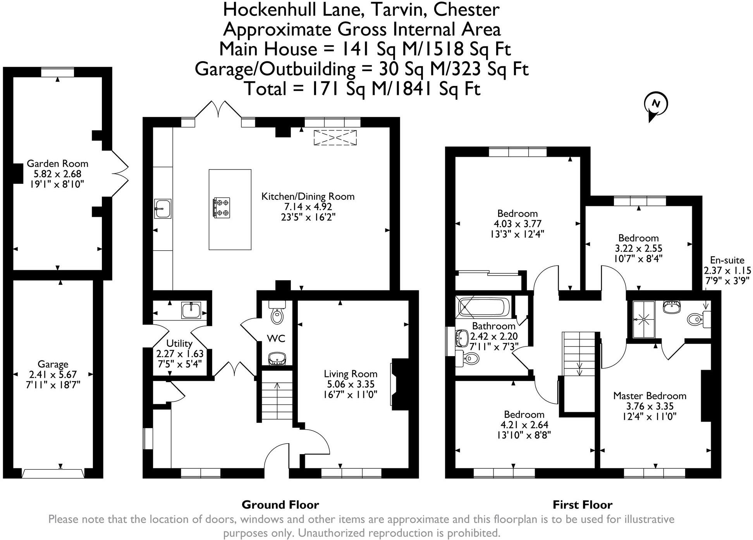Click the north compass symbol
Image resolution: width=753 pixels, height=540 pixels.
pos(655,105)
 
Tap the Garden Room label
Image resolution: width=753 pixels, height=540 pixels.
pos(57,163)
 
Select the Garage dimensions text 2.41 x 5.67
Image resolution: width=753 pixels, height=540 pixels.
pos(53,374)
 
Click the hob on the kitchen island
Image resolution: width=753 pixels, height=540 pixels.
pos(221,207)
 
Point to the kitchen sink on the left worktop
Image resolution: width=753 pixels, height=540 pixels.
pos(163,209)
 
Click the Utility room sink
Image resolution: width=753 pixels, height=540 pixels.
pos(191,310)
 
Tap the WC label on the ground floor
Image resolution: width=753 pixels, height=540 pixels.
pos(276,339)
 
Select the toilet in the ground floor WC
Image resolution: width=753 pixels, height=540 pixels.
pos(277,314)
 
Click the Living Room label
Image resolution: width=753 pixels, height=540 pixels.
pos(351,374)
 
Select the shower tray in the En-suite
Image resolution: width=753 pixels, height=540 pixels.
pos(643,319)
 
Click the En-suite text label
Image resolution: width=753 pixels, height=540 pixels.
pos(727,260)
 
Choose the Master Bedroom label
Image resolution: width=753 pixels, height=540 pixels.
pos(650,396)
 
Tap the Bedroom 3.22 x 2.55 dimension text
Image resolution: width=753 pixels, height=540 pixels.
pos(638,249)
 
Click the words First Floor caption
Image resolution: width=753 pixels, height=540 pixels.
pos(582,505)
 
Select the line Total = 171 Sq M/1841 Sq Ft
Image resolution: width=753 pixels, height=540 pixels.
pos(362,89)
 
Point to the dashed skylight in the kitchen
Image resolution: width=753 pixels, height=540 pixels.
pos(335,138)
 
